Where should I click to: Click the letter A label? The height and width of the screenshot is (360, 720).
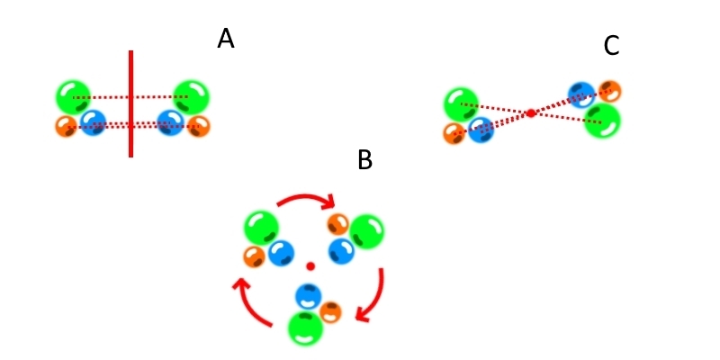[x=225, y=39]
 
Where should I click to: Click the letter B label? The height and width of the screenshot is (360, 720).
[x=364, y=160]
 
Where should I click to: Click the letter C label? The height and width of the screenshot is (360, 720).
[x=611, y=46]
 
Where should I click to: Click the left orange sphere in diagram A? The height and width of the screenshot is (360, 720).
[x=66, y=126]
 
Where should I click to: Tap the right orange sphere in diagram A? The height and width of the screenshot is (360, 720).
[x=198, y=126]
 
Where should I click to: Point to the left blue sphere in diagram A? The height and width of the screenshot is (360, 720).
[x=93, y=122]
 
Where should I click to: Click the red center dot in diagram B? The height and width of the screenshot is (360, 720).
[x=310, y=266]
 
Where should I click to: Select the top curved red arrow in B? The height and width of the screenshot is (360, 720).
[x=306, y=198]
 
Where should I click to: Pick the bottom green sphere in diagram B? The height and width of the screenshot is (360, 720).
[x=305, y=328]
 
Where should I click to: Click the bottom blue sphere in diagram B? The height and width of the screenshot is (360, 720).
[x=309, y=296]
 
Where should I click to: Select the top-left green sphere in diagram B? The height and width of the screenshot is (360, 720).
[x=261, y=227]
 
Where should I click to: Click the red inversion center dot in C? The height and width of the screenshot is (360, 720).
[x=531, y=112]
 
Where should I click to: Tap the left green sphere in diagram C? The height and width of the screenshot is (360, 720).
[x=461, y=104]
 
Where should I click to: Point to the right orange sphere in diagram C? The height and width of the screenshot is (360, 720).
[x=610, y=91]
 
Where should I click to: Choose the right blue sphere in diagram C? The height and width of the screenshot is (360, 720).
[x=581, y=94]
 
